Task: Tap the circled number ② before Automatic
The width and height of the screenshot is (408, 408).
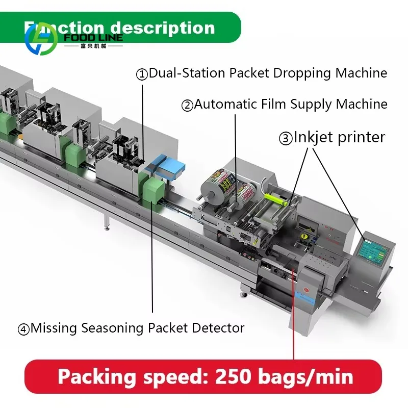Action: click(x=187, y=106)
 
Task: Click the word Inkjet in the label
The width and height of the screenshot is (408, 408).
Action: click(x=314, y=137)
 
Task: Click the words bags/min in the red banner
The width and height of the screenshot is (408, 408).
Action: click(x=309, y=377)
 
